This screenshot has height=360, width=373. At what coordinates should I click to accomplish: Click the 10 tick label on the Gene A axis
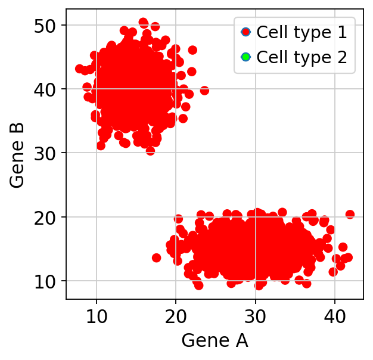tap(96, 316)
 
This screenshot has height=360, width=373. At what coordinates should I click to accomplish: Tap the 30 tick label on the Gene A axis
tap(255, 316)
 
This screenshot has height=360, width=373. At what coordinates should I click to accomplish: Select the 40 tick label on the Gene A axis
tap(334, 316)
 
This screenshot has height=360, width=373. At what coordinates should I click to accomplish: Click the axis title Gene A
tap(215, 341)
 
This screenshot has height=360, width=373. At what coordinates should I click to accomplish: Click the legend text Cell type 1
tap(301, 32)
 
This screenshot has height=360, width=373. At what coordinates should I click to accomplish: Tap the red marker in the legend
tap(245, 32)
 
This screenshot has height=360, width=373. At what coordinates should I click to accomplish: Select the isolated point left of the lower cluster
tap(156, 257)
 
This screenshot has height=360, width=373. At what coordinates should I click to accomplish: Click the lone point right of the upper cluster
tap(204, 91)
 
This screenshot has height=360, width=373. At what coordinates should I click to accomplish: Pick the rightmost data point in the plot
tap(350, 214)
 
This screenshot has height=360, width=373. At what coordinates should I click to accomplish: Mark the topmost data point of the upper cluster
tap(143, 23)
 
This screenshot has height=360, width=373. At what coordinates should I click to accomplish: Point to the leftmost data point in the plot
tap(79, 69)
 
